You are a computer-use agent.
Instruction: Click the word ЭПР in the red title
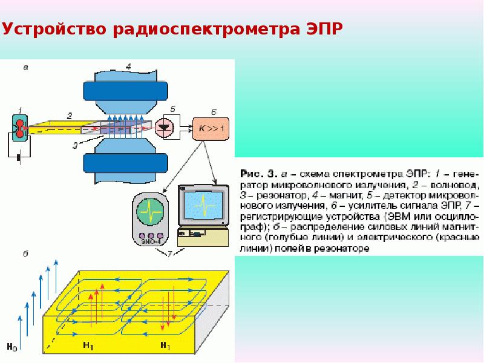(325, 28)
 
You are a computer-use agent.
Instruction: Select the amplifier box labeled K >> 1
(211, 129)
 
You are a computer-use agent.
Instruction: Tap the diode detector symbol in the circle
(164, 128)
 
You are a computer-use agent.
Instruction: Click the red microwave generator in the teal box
(20, 128)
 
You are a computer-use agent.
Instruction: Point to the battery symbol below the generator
(19, 158)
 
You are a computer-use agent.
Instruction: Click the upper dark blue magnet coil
(125, 91)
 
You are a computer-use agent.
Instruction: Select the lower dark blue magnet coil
(125, 163)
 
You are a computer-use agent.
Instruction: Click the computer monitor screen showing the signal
(203, 204)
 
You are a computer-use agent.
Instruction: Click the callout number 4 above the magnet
(128, 66)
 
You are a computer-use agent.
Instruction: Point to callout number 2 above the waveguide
(70, 116)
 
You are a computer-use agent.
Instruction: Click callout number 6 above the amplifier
(214, 112)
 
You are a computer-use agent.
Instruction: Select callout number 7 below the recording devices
(169, 253)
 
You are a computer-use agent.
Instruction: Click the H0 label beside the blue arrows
(11, 347)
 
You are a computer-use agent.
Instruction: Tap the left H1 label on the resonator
(88, 345)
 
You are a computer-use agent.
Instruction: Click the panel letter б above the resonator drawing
(25, 253)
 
